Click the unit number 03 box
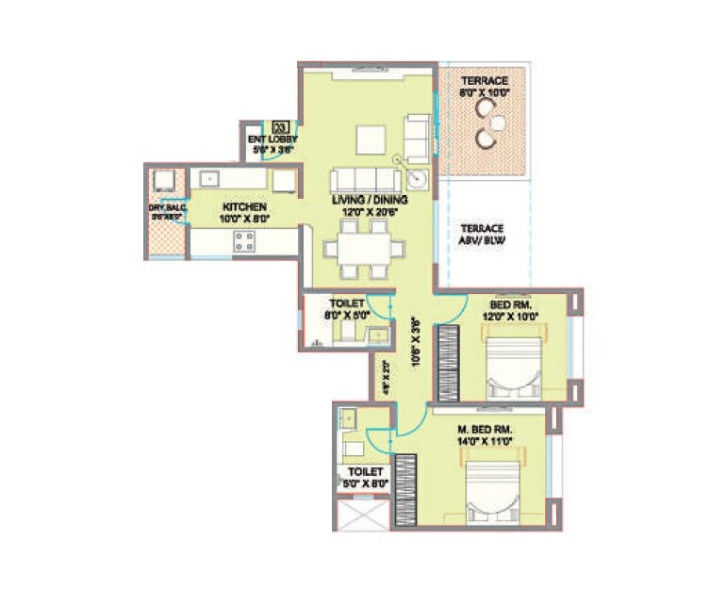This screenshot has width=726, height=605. (x=279, y=125)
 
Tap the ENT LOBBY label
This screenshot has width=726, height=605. (x=272, y=139)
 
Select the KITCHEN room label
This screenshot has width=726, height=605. (x=243, y=206)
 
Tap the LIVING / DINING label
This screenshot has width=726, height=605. (x=368, y=200)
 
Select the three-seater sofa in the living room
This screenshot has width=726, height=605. (x=365, y=180)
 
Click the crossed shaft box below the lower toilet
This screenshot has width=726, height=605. (x=362, y=515)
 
